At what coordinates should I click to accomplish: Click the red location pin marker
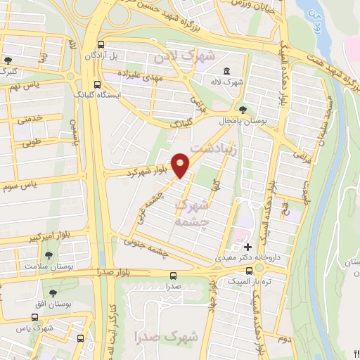point(181,165)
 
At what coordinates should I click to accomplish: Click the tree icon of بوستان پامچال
point(243,110)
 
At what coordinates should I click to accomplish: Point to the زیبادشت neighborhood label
point(224,148)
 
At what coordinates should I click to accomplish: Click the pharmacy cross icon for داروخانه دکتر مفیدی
point(247,246)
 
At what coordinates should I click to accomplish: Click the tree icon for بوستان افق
point(53,292)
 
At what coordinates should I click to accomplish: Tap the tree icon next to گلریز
point(8,60)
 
